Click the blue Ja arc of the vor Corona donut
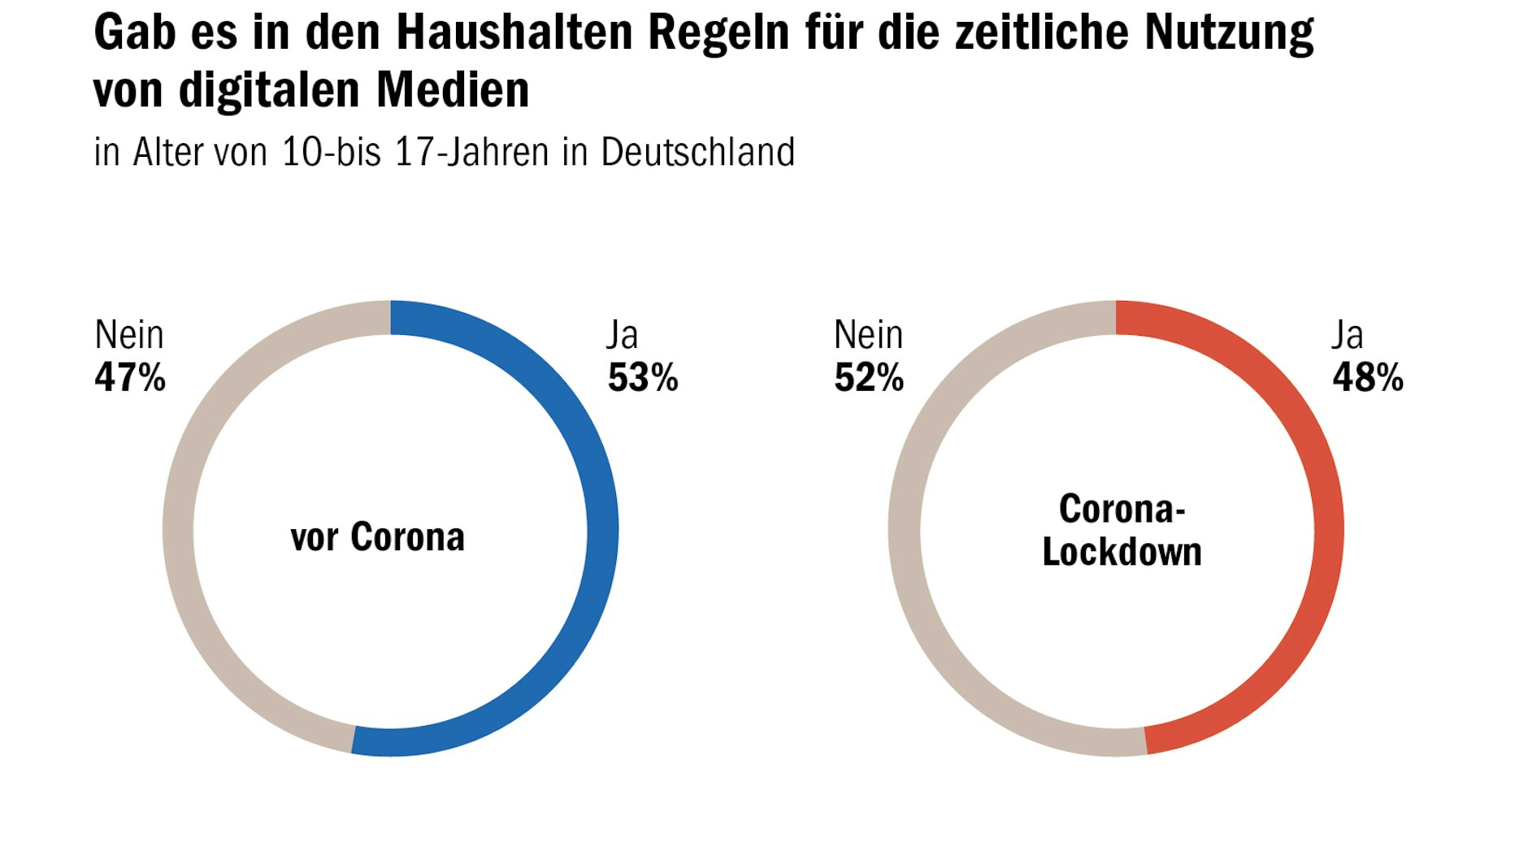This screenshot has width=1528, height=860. (x=602, y=528)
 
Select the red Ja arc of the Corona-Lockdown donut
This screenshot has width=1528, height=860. (x=1328, y=528)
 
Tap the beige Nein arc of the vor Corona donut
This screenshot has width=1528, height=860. (x=179, y=528)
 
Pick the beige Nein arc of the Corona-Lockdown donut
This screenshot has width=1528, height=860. (x=904, y=528)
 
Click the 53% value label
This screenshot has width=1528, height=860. (x=643, y=378)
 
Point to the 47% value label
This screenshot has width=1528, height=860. (x=130, y=378)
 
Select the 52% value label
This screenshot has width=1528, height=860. (x=869, y=378)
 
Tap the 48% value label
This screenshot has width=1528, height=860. (x=1368, y=378)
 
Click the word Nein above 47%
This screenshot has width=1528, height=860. (x=129, y=335)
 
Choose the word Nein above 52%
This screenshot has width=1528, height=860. (x=869, y=335)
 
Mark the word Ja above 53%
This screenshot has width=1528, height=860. (x=623, y=335)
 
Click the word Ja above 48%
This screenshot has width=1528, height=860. (x=1347, y=335)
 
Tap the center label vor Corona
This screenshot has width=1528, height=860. (x=378, y=537)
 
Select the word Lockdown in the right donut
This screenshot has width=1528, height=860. (x=1122, y=552)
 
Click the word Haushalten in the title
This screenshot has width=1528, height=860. (x=514, y=33)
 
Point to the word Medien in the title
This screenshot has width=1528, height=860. (x=453, y=89)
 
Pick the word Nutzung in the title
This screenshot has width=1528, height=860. (x=1229, y=33)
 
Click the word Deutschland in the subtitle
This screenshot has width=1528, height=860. (x=697, y=152)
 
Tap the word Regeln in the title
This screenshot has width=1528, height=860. (x=718, y=33)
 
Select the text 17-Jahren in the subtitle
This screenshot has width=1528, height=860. (x=471, y=152)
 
